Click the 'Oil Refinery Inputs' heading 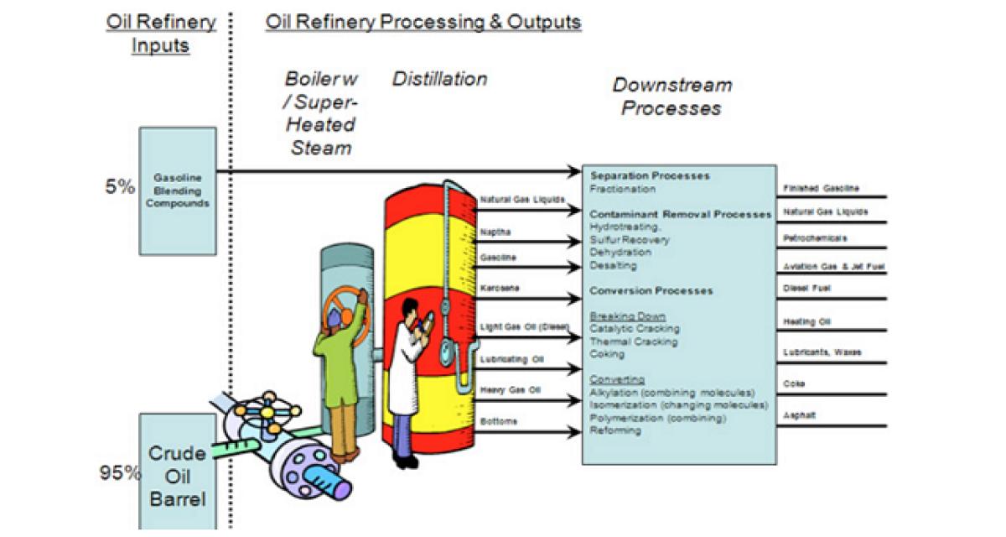tap(161, 33)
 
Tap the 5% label tap(120, 187)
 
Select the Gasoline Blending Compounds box tap(177, 190)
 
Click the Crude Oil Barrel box tap(177, 474)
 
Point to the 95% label tap(120, 472)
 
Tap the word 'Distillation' tap(439, 80)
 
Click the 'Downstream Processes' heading tap(672, 96)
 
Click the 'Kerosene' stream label tap(500, 288)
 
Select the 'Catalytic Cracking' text tap(635, 329)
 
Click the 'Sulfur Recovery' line tap(630, 240)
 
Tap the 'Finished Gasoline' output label tap(821, 189)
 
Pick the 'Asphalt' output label tap(800, 414)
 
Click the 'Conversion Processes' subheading tap(651, 291)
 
